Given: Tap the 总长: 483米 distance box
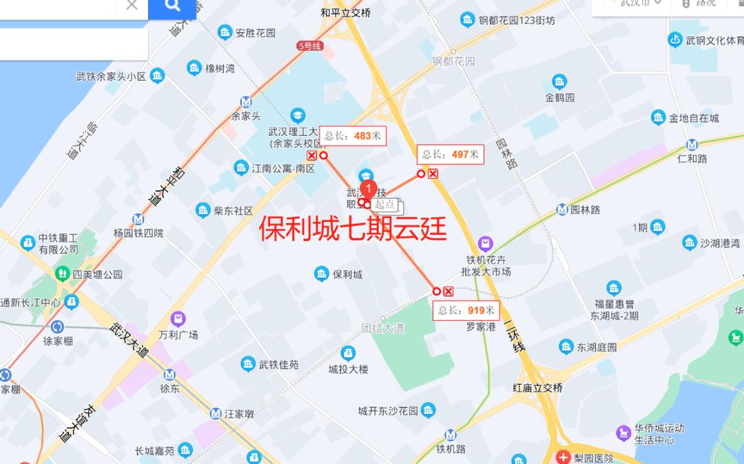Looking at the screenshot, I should click(x=352, y=136).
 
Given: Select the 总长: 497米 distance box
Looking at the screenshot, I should click(x=450, y=154).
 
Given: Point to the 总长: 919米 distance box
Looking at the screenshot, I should click(x=466, y=310).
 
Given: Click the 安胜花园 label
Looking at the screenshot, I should click(x=255, y=32).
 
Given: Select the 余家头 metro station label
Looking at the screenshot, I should click(x=246, y=116).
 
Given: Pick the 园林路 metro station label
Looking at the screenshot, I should click(x=585, y=210).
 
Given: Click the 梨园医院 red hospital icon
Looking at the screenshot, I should click(x=564, y=457).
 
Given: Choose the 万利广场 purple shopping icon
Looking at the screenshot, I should click(x=178, y=319).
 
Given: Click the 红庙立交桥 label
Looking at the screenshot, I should click(x=538, y=388).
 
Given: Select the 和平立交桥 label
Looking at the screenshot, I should click(x=346, y=12).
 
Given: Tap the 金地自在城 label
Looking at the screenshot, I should click(x=694, y=118).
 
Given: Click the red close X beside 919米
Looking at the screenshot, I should click(x=448, y=291).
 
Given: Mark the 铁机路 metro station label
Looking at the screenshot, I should click(x=451, y=449).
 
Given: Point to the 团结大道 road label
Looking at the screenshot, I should click(x=384, y=328).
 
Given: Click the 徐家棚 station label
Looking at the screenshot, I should click(x=58, y=341).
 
